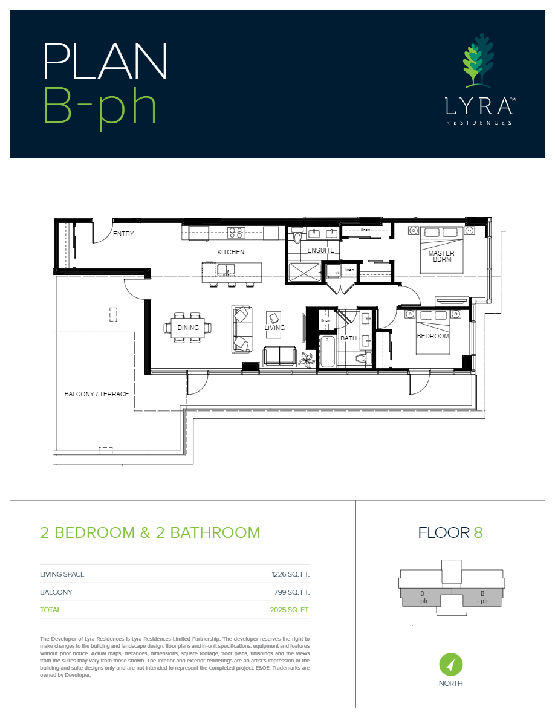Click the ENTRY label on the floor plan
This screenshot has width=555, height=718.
[123, 234]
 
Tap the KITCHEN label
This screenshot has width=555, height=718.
[231, 252]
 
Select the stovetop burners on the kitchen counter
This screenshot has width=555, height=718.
[236, 232]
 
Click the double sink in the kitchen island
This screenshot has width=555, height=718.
[227, 269]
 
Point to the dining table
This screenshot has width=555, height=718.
[187, 328]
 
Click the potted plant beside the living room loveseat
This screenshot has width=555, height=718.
[307, 359]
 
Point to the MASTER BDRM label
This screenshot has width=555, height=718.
[441, 256]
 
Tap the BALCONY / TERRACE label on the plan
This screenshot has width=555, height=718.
[97, 394]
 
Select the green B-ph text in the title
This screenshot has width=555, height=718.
[100, 106]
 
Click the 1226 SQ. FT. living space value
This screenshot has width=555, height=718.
[290, 574]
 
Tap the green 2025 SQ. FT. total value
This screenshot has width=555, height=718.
[290, 610]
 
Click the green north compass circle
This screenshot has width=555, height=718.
[451, 665]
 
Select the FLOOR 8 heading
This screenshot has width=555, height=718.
[450, 532]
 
